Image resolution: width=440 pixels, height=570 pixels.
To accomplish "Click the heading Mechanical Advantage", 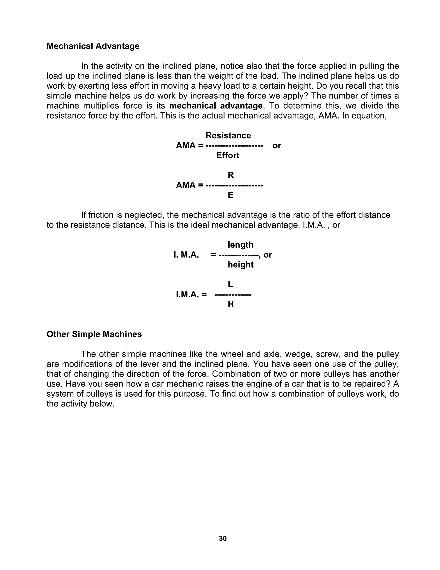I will point(93,46).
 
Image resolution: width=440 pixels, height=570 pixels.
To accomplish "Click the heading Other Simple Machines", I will point(94,334).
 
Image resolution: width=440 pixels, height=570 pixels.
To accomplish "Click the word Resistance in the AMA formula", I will point(228,136).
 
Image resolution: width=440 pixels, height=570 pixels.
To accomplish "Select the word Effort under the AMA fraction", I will point(228,156).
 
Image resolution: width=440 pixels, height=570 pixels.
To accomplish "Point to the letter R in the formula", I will point(231,175).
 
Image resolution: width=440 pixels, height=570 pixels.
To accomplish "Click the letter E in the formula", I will point(231,195).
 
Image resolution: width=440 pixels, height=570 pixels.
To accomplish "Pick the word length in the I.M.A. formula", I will point(240,245).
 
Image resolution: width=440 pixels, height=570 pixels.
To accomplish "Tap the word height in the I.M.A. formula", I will point(240,265).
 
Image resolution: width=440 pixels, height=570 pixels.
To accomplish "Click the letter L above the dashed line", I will point(231,285).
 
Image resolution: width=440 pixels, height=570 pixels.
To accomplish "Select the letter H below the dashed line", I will point(231,305).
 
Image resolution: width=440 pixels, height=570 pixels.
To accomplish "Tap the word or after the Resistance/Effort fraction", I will point(277,146).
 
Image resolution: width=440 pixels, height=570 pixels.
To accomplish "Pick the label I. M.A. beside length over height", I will point(186,255).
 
